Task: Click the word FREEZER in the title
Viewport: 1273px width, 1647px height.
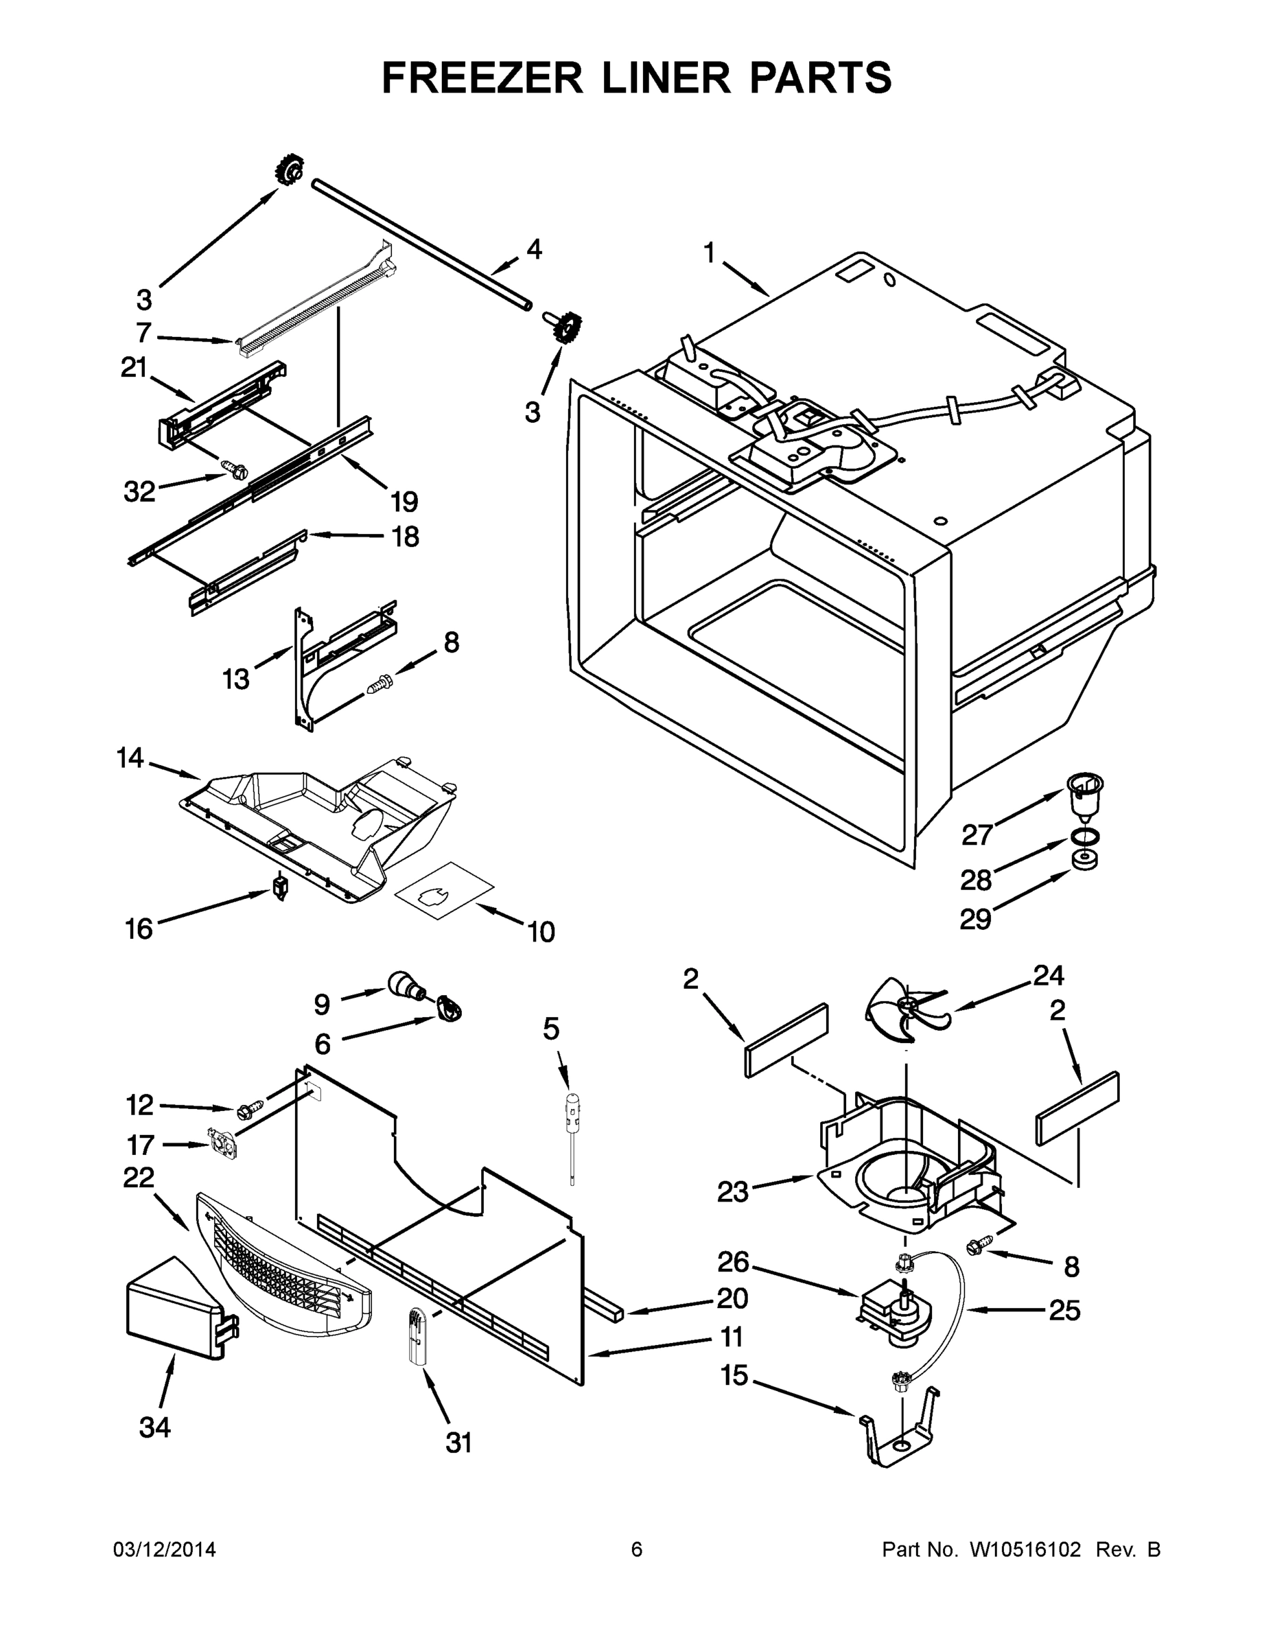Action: (482, 78)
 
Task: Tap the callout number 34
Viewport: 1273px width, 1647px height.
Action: (154, 1427)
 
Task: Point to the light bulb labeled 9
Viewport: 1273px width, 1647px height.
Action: (406, 985)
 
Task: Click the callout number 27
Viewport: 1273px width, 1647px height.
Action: (977, 834)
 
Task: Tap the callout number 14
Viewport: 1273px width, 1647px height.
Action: (130, 758)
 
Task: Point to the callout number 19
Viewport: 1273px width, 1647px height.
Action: (404, 502)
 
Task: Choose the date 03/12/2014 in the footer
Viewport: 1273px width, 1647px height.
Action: (165, 1550)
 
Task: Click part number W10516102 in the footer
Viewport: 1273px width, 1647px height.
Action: (1024, 1550)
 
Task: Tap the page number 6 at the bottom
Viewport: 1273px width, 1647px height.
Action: (637, 1550)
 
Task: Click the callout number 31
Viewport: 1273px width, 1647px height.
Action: (458, 1442)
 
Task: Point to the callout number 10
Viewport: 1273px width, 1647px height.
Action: (541, 932)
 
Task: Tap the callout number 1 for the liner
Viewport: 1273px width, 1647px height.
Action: (709, 254)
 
